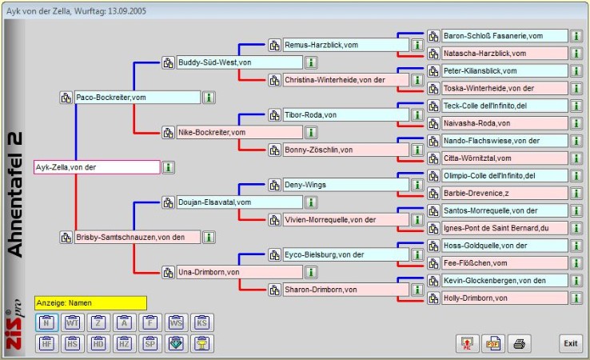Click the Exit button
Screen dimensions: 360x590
tap(569, 342)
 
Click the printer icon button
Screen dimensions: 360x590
tap(518, 343)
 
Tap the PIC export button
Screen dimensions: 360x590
tap(467, 343)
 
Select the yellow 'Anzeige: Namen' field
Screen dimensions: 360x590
tap(90, 303)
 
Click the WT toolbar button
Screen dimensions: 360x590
tap(72, 323)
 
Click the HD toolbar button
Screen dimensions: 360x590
tap(98, 343)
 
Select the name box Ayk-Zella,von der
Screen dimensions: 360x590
tap(97, 167)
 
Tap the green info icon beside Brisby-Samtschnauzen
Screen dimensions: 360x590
tap(208, 238)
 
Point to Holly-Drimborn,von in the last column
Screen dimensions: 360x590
tap(504, 298)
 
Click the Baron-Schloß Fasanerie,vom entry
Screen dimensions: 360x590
tap(504, 36)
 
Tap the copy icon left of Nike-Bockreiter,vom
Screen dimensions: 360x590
tap(168, 133)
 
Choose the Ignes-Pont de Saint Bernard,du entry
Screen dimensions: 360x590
tap(504, 228)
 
